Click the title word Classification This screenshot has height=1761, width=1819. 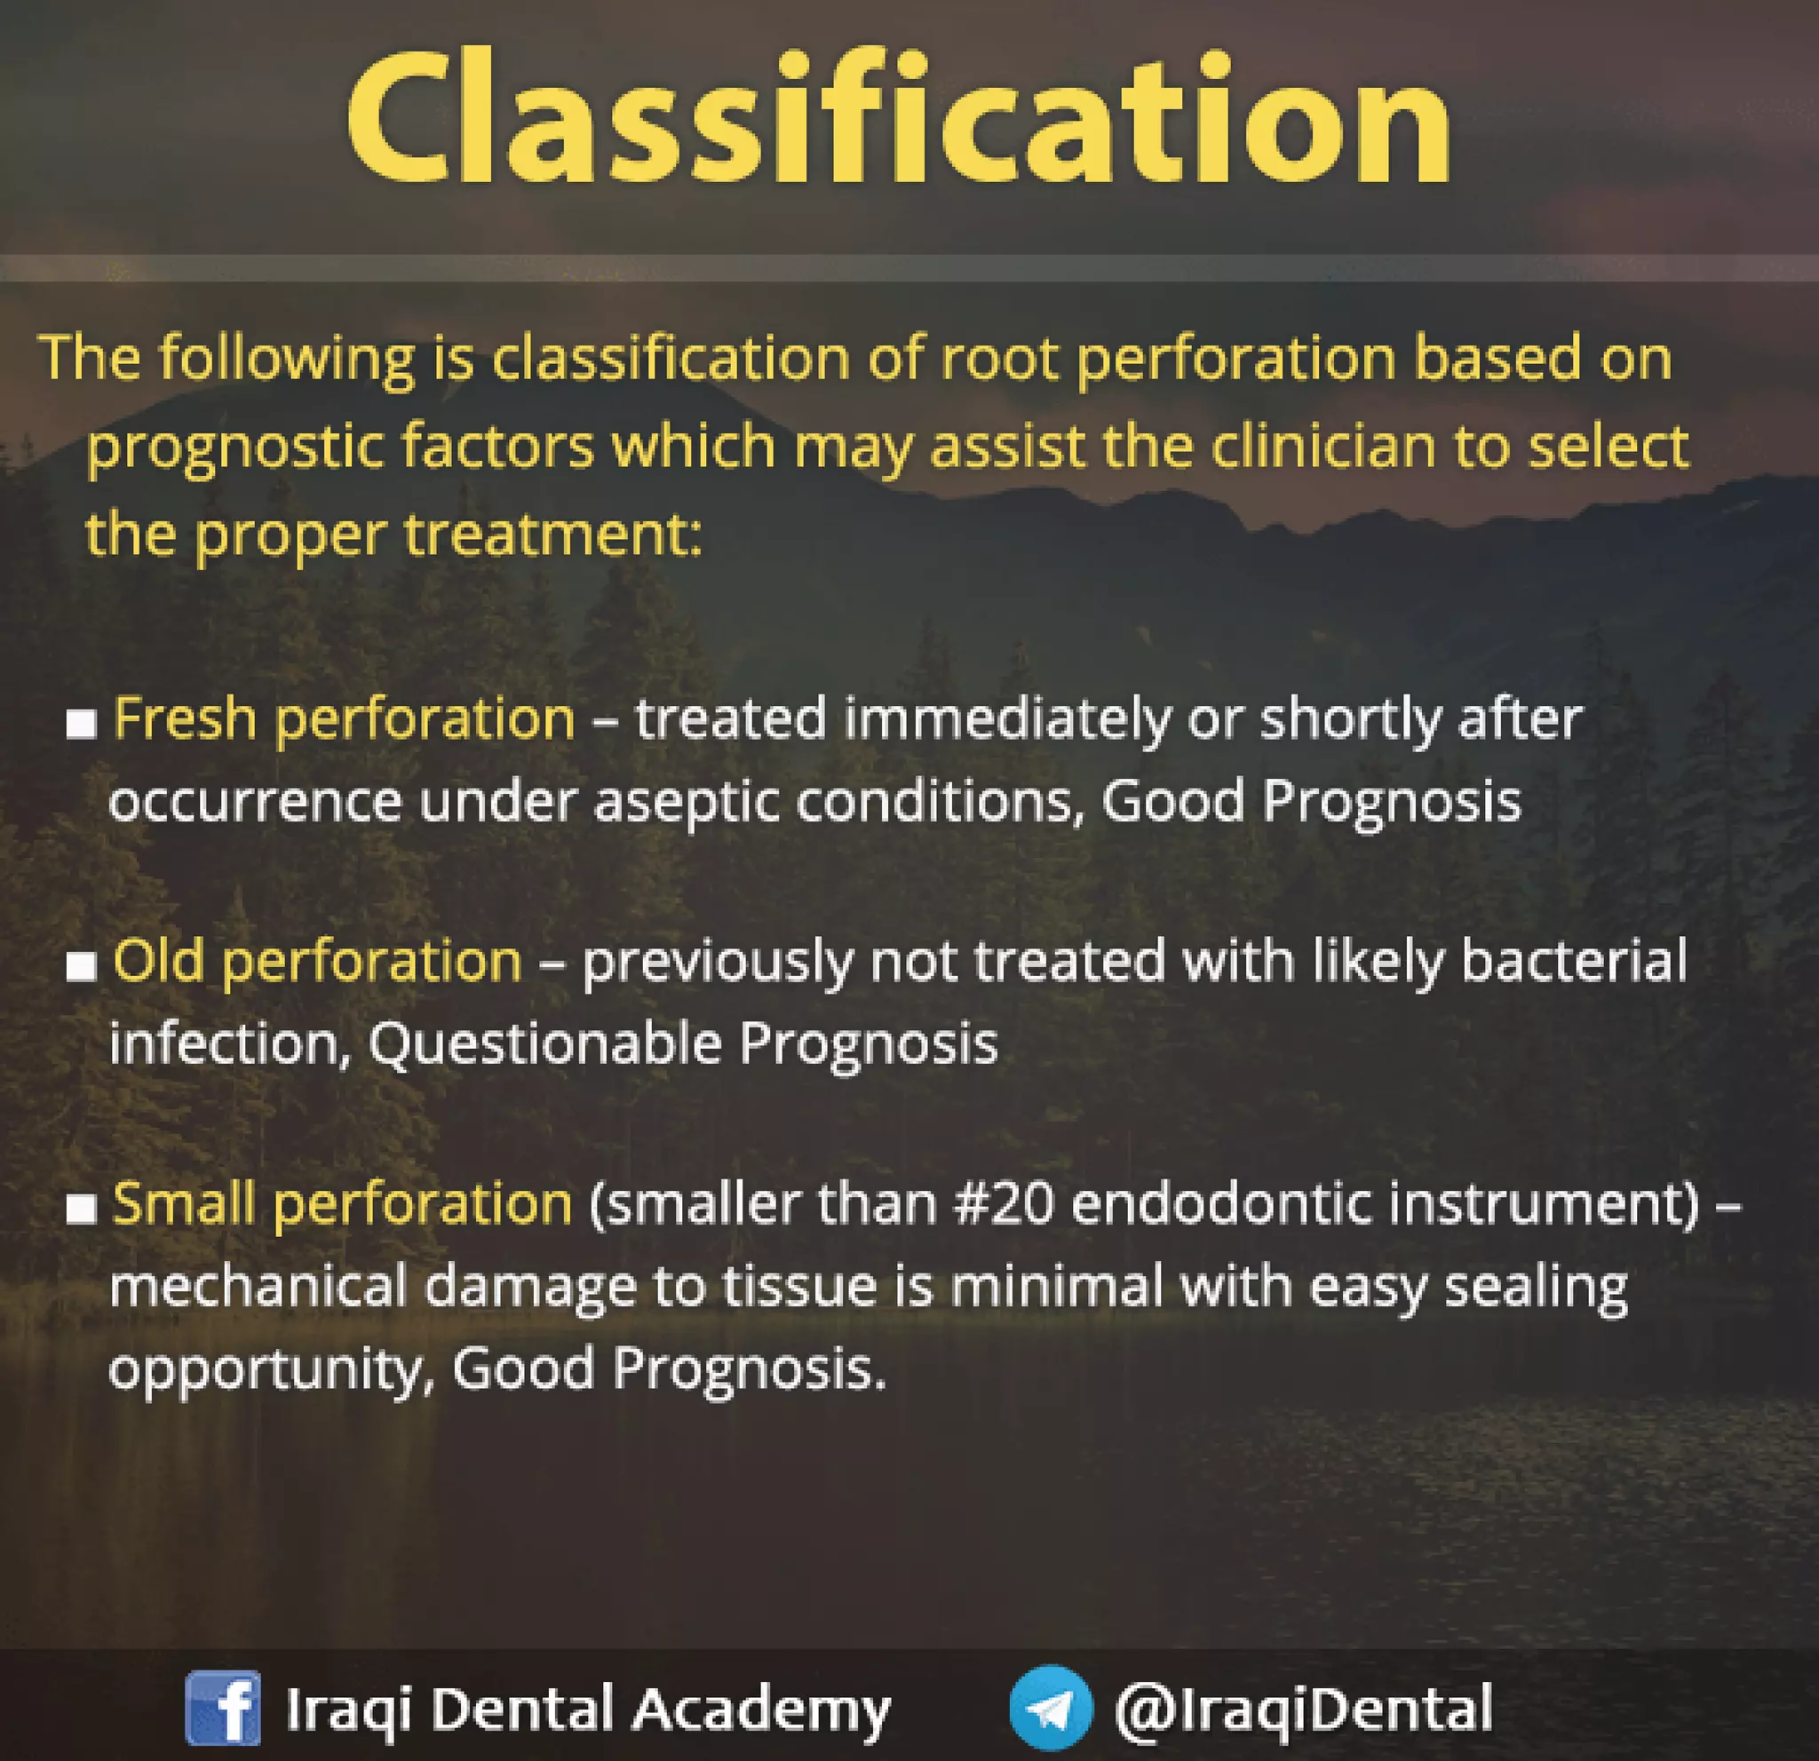898,121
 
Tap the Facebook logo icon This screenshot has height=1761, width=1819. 223,1708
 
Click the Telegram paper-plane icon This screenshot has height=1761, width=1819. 1050,1708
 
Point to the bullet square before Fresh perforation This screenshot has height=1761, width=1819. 82,725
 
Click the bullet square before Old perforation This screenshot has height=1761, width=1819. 82,967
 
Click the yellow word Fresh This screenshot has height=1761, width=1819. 185,719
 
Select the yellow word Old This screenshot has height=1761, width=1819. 158,961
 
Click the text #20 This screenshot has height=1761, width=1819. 1005,1204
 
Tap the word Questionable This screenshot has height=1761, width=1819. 545,1043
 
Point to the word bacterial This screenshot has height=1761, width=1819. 1574,961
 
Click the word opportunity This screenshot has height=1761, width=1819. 264,1370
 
